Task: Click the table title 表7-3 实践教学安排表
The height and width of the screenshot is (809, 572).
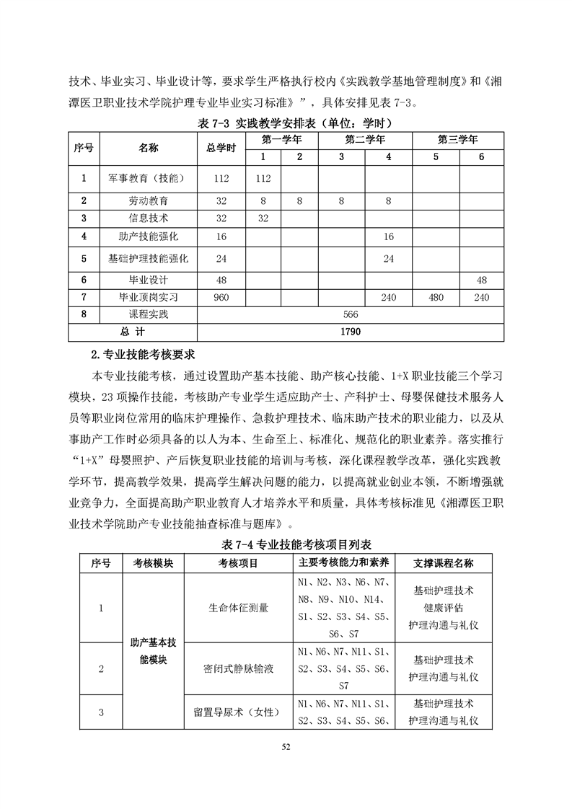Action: pos(286,123)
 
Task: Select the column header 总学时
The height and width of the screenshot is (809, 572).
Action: pos(221,148)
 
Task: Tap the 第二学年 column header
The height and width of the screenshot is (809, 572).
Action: pos(364,139)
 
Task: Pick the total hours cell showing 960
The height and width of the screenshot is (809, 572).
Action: pos(221,297)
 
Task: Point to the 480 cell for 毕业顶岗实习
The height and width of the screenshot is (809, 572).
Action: pos(435,297)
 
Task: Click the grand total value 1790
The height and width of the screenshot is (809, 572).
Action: pos(351,331)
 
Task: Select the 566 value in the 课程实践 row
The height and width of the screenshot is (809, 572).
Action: pos(351,314)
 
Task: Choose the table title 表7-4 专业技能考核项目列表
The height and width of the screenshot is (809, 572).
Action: pos(286,544)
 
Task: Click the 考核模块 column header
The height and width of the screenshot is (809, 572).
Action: pos(153,563)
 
